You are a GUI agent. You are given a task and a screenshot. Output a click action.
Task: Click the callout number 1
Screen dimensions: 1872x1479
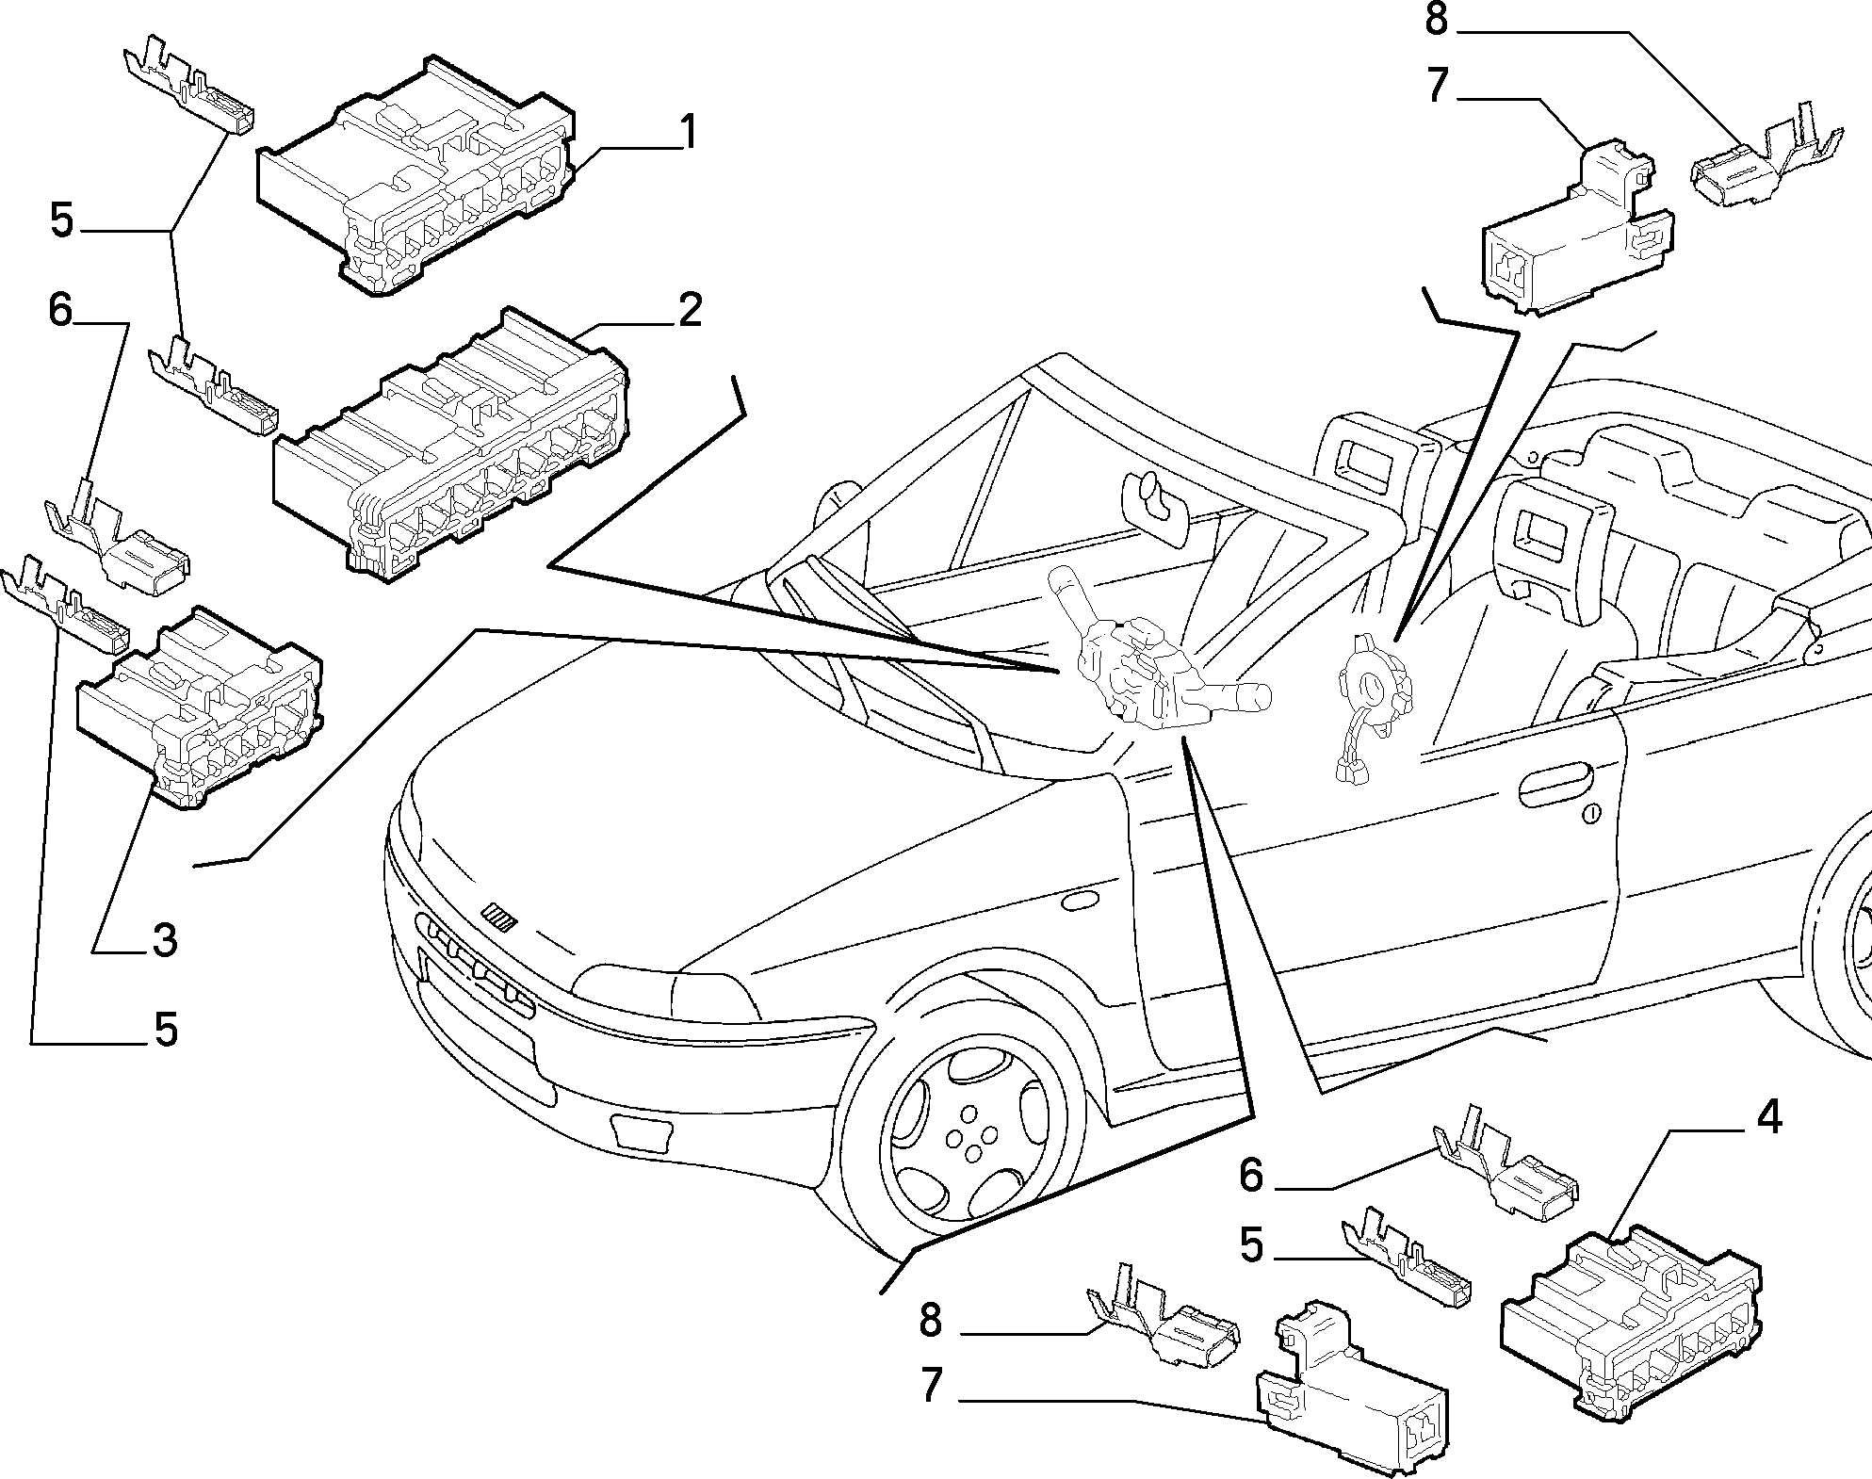click(x=690, y=133)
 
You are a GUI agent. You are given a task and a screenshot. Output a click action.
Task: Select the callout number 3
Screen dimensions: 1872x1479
click(x=164, y=940)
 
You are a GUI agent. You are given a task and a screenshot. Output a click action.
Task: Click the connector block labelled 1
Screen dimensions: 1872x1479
click(x=415, y=178)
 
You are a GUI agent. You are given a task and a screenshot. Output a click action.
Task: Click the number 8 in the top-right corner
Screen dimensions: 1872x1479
click(x=1436, y=20)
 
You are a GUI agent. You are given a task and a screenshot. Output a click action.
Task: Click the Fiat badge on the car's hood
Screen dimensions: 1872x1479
click(x=496, y=917)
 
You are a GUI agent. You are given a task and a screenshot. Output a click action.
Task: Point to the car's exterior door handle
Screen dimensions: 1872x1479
click(x=1555, y=785)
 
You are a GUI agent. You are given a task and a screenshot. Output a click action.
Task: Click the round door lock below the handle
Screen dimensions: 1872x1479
click(x=1591, y=815)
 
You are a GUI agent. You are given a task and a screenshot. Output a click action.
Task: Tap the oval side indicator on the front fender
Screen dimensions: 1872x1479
click(x=1080, y=902)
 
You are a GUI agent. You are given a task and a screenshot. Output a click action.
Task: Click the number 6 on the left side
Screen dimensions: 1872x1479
click(x=60, y=309)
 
